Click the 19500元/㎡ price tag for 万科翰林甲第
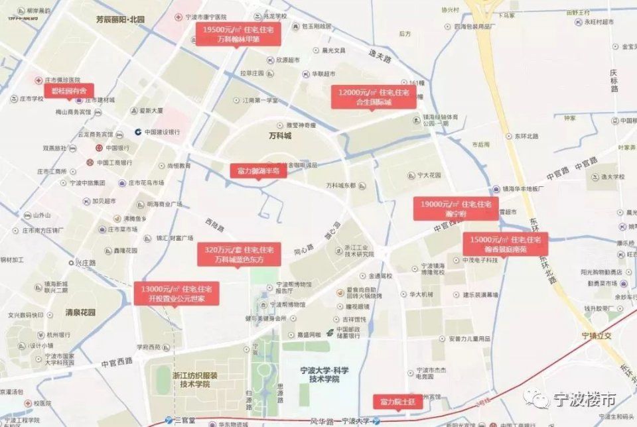click(238, 34)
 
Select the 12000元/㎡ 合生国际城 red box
click(374, 97)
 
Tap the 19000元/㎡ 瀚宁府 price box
click(456, 208)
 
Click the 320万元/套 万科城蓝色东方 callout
click(239, 254)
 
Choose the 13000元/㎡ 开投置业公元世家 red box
click(176, 294)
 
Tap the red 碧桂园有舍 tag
click(68, 90)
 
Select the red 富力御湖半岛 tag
click(258, 171)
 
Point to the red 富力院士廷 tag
click(397, 402)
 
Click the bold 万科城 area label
click(279, 136)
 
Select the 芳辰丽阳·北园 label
click(119, 20)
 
